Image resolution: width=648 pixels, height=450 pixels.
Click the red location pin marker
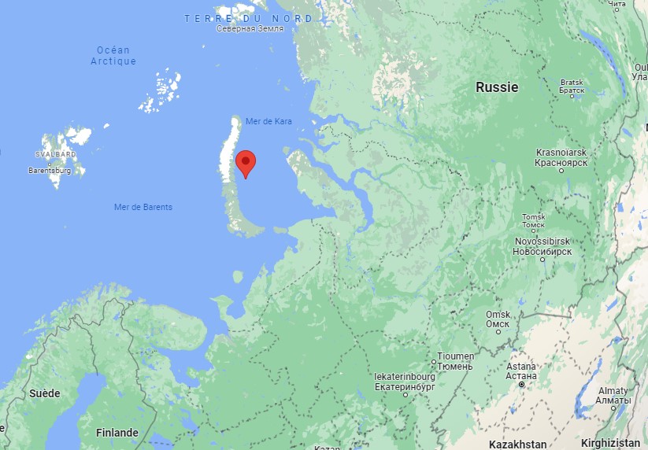[246, 164]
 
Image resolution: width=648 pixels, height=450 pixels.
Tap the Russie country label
[497, 87]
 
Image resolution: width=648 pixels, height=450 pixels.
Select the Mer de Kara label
[268, 120]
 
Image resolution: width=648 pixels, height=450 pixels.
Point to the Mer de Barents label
[143, 207]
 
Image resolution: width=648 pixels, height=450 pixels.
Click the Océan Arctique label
[113, 56]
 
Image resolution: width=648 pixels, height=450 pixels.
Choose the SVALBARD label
[54, 155]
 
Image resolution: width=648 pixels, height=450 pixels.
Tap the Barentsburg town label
[50, 170]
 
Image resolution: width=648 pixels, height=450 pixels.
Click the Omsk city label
[498, 319]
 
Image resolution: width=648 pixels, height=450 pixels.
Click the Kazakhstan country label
[517, 444]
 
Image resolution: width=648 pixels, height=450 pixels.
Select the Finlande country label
[117, 433]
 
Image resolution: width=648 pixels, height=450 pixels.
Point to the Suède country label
[44, 393]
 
